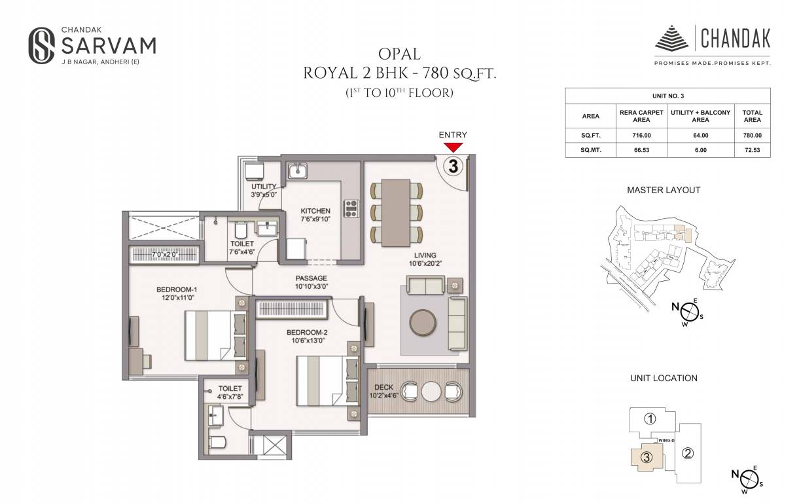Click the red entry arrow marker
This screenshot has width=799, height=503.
click(x=453, y=147)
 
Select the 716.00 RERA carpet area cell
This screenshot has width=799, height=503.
click(x=641, y=135)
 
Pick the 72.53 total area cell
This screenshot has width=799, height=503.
click(x=752, y=150)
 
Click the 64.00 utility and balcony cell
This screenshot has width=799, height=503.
click(x=700, y=135)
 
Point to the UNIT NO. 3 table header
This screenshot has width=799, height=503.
click(x=667, y=96)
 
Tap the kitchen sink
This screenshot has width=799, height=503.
click(x=299, y=172)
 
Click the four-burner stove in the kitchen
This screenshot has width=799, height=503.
click(x=351, y=208)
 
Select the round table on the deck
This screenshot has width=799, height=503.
click(x=431, y=392)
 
